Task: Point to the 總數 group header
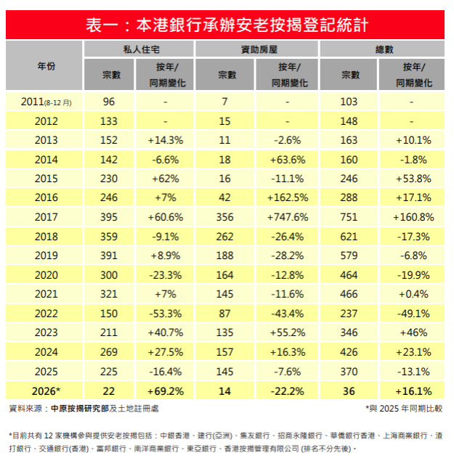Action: (383, 49)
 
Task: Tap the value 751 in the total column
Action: (349, 216)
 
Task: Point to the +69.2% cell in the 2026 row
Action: (165, 390)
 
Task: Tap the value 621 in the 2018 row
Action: (349, 235)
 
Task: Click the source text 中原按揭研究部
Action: (80, 409)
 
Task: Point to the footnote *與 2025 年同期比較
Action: (404, 409)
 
